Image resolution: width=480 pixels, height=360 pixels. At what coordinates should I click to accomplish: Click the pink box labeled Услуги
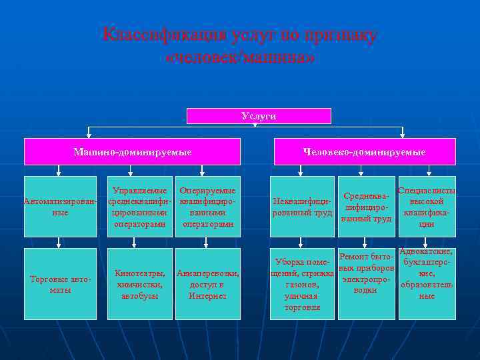pos(259,116)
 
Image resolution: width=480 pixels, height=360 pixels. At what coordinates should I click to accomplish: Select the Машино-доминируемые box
pos(132,152)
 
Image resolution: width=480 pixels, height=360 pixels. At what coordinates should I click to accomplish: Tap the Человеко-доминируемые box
pos(364,152)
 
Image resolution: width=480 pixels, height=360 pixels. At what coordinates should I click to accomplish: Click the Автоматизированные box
pos(60,206)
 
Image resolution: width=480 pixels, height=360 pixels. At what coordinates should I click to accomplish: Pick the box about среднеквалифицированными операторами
pos(139,206)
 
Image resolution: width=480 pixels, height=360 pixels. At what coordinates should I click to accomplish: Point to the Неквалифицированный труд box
pos(302,206)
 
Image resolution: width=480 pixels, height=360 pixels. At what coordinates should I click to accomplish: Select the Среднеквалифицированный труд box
pos(366,206)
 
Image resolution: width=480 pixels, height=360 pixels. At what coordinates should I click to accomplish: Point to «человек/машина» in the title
pos(240,58)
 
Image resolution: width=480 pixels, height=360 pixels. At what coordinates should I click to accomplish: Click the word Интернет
pos(207,295)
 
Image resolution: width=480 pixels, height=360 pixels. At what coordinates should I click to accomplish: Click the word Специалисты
pos(427,191)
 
